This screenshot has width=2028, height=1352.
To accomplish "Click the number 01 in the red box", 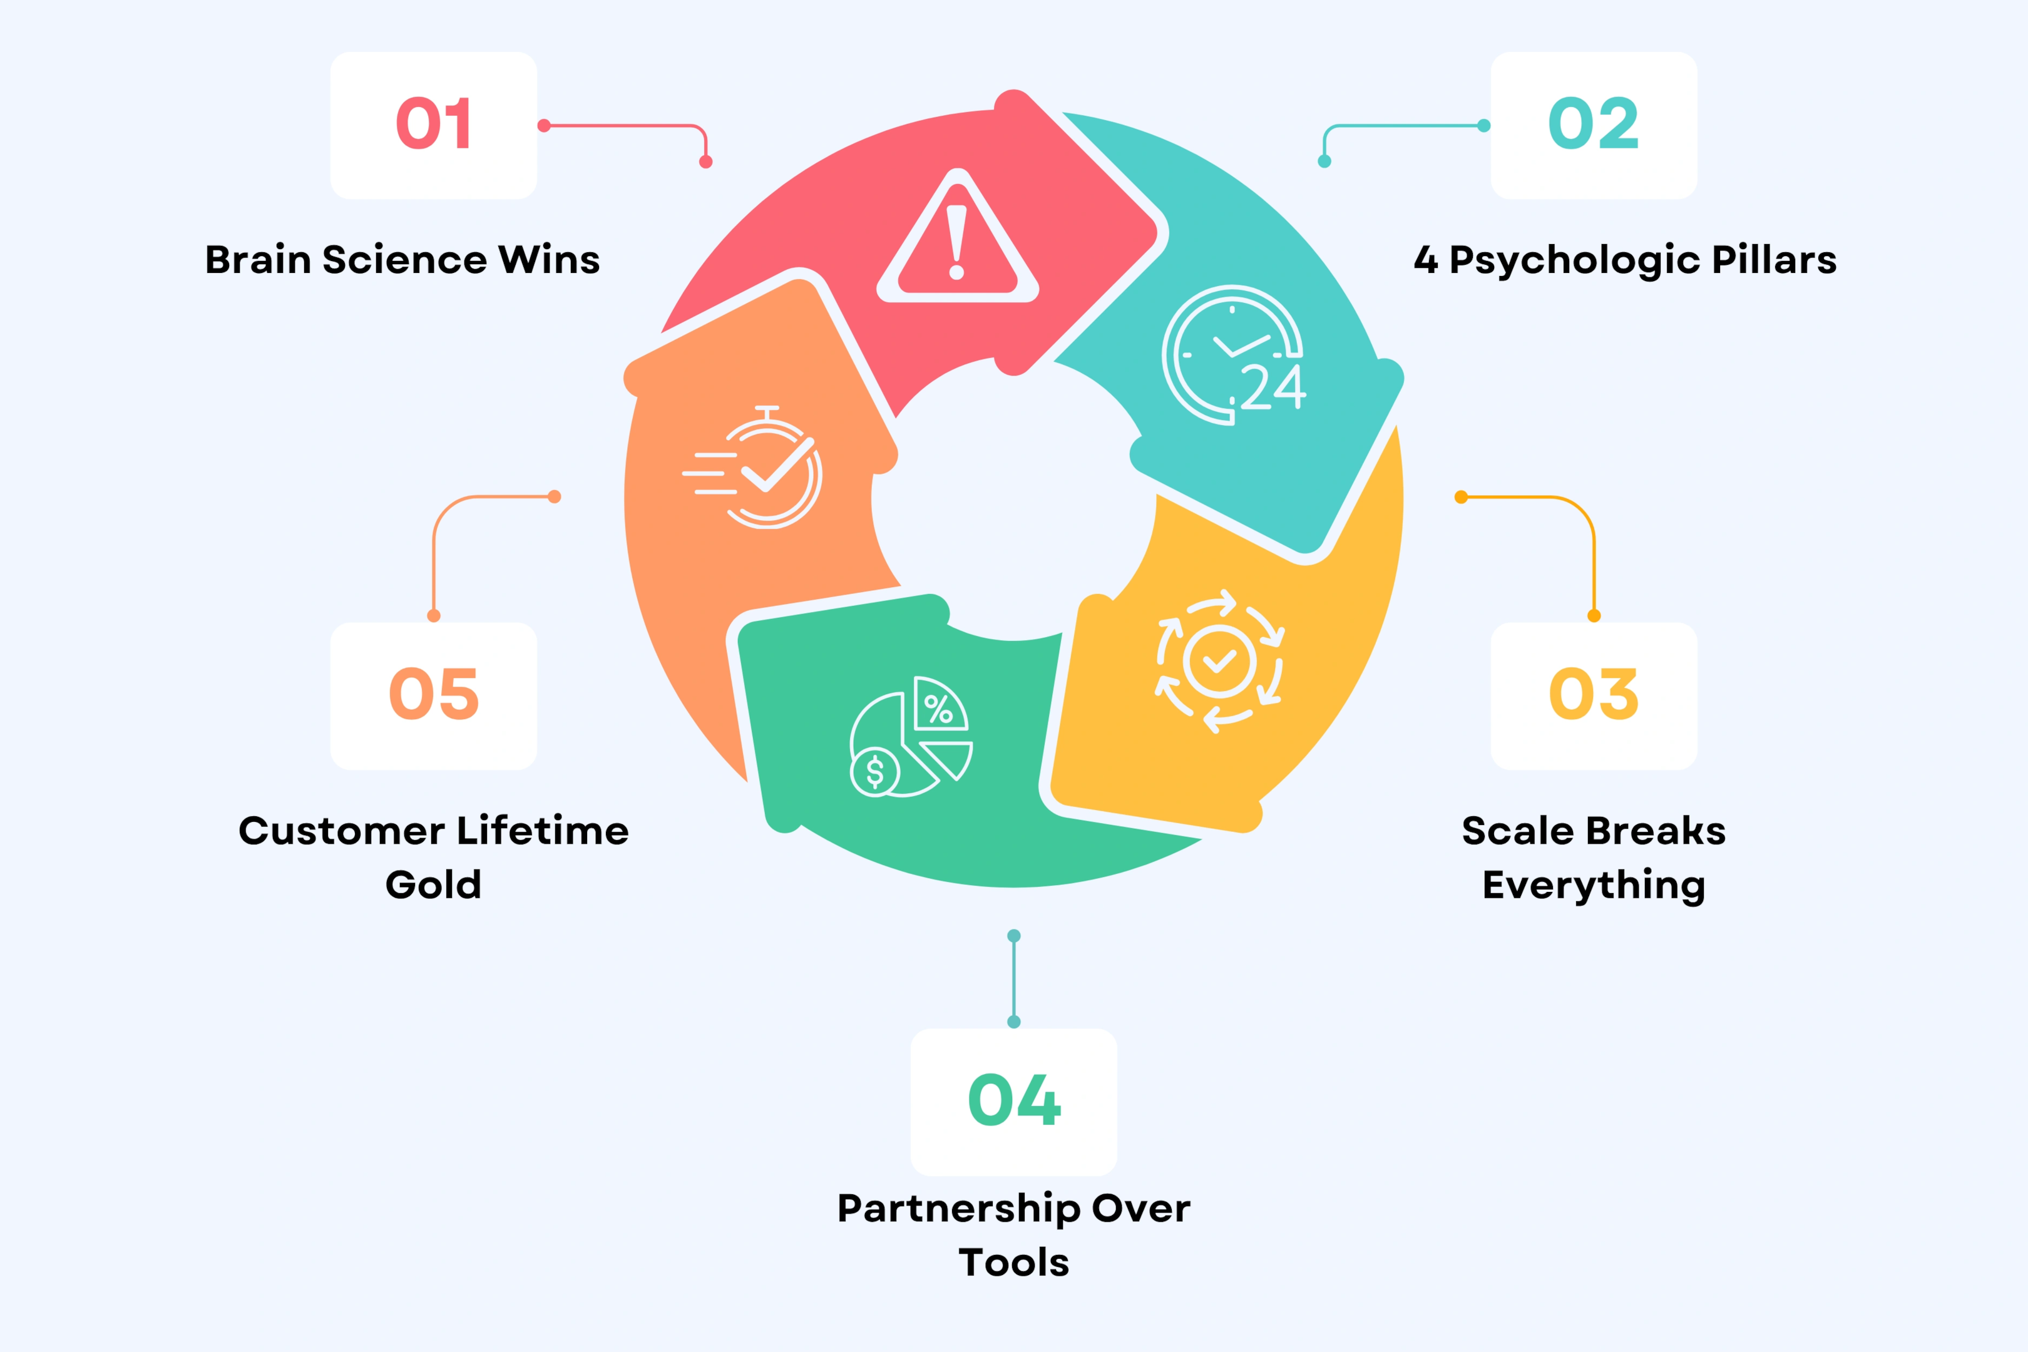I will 434,123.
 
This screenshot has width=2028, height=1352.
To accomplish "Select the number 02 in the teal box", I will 1594,123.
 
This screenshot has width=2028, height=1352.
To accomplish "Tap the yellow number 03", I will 1594,694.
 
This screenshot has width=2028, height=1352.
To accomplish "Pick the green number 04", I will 1014,1100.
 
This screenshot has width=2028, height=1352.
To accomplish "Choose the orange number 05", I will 434,694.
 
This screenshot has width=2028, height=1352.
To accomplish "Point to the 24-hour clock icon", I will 1233,356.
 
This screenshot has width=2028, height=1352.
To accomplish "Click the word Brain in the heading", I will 257,260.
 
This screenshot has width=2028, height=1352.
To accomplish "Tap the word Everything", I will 1594,886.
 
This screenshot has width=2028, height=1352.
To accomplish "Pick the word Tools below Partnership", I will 1014,1262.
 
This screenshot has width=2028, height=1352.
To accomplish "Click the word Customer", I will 342,831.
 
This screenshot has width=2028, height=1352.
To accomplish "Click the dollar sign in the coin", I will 875,772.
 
